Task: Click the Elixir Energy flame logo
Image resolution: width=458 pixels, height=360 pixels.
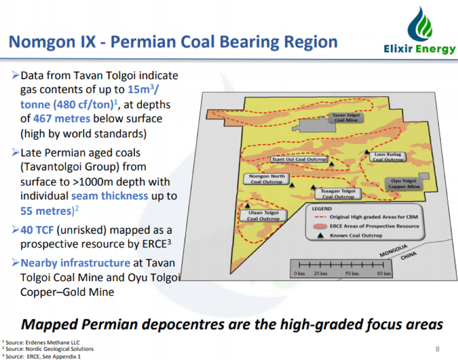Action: (x=420, y=24)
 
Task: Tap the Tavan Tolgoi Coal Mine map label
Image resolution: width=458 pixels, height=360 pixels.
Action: (x=346, y=117)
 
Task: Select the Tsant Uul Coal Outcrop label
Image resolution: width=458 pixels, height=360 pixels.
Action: (x=299, y=159)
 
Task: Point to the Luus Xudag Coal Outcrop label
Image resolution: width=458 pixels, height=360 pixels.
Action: (x=388, y=157)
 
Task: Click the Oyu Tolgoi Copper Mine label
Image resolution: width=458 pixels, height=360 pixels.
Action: (x=404, y=184)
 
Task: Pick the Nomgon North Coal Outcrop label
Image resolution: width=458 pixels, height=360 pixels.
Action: (x=266, y=179)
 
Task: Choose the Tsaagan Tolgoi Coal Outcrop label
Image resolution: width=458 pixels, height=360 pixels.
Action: (x=338, y=193)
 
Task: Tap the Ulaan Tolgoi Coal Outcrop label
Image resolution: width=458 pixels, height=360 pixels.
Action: (x=263, y=215)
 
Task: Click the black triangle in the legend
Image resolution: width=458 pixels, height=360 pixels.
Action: (x=321, y=235)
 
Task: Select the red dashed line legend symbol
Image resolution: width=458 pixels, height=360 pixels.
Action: (x=321, y=217)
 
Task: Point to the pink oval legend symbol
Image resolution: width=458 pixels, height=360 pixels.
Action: (x=320, y=226)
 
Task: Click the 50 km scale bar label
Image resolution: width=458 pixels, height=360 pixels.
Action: (x=352, y=274)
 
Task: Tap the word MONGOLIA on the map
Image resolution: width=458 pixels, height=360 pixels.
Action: (x=393, y=251)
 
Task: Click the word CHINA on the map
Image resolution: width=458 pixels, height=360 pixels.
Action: (x=408, y=255)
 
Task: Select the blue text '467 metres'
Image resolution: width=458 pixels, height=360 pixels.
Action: (x=62, y=118)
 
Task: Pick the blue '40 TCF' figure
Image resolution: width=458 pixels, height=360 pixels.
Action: (x=37, y=230)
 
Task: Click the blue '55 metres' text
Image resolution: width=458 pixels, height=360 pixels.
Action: (x=46, y=211)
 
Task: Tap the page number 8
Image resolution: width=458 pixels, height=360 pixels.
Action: (x=437, y=349)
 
